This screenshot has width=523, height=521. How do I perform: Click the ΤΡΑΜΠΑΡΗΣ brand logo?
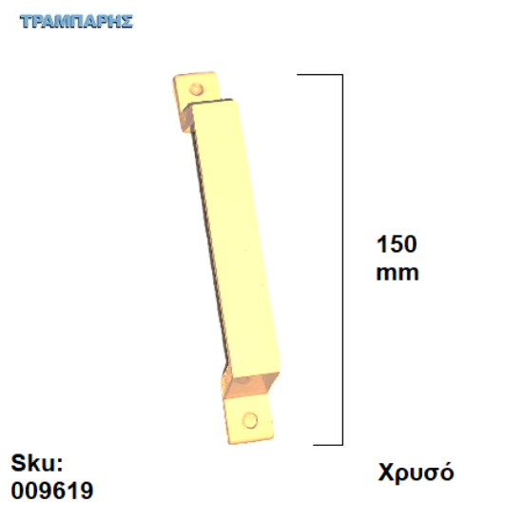(75, 21)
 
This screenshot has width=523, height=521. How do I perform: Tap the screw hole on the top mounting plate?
(197, 88)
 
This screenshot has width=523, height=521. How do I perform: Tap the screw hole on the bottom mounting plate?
(250, 419)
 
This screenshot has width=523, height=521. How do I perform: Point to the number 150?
(397, 244)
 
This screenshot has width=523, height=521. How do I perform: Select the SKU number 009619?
(52, 491)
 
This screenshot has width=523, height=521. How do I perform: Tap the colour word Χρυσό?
(416, 473)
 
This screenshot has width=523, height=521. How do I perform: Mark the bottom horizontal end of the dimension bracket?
(327, 444)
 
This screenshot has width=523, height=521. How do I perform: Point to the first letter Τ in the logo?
(26, 21)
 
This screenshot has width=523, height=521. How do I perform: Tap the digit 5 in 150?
(397, 244)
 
